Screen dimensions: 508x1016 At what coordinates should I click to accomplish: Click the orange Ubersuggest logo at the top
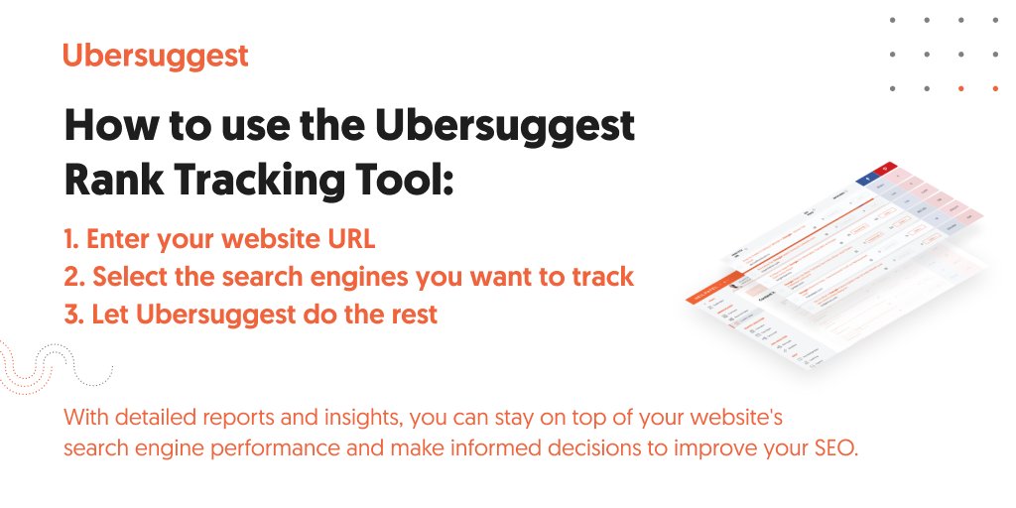pos(155,56)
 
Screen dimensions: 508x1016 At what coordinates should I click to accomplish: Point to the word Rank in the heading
pos(111,179)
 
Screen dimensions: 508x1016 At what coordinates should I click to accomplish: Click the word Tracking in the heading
pos(254,179)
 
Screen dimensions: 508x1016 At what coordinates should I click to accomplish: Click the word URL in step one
pos(355,240)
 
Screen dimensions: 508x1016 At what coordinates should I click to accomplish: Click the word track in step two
pos(603,278)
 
